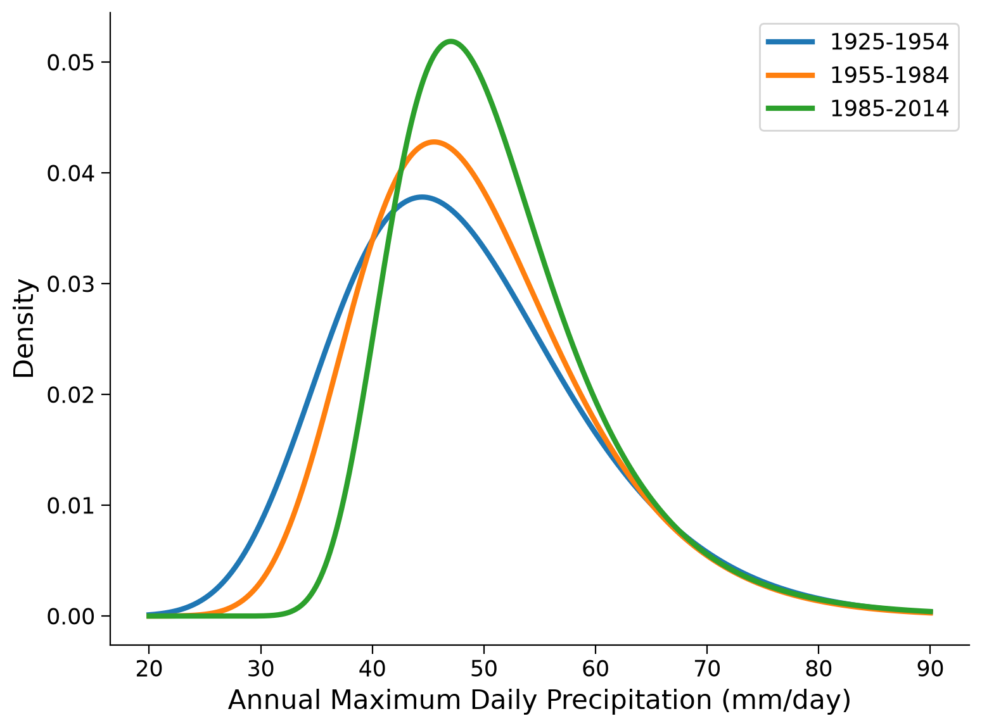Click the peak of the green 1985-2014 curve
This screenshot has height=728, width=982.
pos(450,42)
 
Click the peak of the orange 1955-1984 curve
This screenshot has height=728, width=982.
pos(434,142)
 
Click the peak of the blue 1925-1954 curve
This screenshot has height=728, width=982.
pos(422,198)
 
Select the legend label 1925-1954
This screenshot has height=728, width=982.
pos(889,42)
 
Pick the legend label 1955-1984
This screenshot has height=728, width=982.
pos(889,75)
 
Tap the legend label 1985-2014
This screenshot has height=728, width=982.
pos(889,108)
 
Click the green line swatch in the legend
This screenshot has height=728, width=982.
pos(790,108)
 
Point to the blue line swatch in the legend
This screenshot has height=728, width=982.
pos(790,42)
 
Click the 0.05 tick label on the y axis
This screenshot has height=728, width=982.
pos(71,63)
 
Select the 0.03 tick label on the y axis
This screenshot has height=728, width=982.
pos(71,284)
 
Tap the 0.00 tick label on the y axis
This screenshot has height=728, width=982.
pos(71,617)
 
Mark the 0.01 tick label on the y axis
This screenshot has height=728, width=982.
pos(71,505)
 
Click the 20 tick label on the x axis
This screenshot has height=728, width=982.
pos(149,668)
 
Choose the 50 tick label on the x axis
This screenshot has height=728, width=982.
pos(483,668)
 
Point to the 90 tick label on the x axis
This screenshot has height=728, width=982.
pos(930,668)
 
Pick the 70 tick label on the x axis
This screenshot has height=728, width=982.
pos(706,668)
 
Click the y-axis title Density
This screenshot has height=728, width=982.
pos(23,328)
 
